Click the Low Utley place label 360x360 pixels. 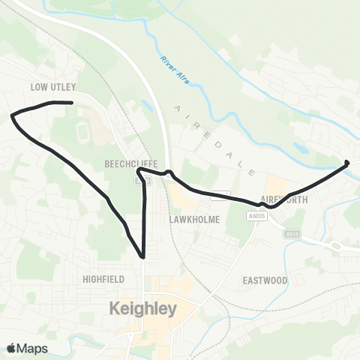pyautogui.click(x=54, y=87)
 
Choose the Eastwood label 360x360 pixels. pyautogui.click(x=265, y=280)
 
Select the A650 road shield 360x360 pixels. pyautogui.click(x=292, y=234)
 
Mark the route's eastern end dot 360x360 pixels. pyautogui.click(x=346, y=163)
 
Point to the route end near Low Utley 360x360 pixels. pyautogui.click(x=70, y=102)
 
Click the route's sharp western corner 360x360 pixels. pyautogui.click(x=12, y=115)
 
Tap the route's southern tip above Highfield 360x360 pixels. pyautogui.click(x=142, y=257)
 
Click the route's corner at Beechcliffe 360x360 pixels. pyautogui.click(x=139, y=170)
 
